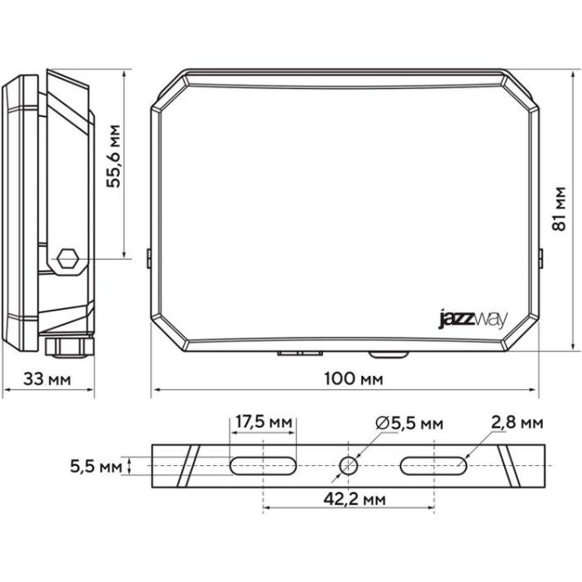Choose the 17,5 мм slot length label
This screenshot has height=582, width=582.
tap(264, 423)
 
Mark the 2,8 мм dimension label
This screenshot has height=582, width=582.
tap(517, 423)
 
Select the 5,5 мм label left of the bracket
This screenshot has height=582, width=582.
tap(96, 466)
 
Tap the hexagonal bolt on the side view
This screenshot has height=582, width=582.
tap(67, 259)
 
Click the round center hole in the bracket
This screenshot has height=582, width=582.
tap(347, 465)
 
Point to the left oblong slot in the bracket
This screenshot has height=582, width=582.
tap(263, 465)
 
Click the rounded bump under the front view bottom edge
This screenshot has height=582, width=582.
tap(388, 354)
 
